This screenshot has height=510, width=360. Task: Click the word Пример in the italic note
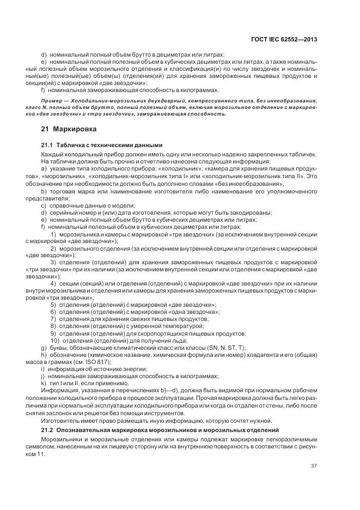pos(53,101)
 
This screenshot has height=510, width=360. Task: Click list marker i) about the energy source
pos(42,368)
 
